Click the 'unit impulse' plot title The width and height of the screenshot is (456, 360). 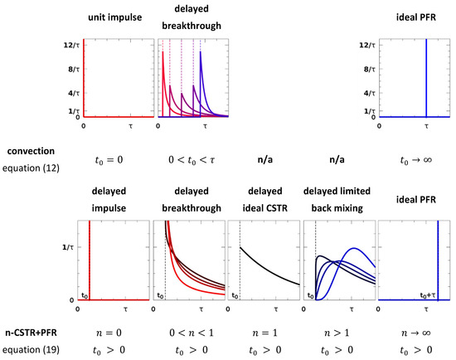click(x=118, y=17)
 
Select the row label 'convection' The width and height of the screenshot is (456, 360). click(x=32, y=152)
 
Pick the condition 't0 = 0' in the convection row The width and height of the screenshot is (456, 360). click(x=118, y=153)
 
